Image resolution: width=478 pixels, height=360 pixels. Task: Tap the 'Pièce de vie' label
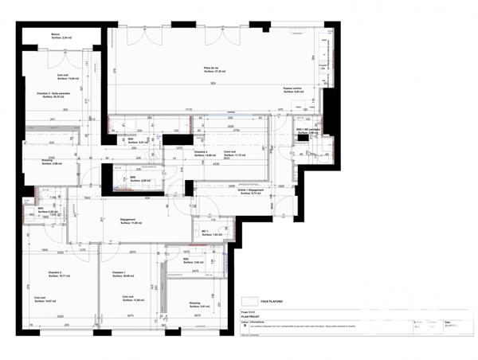click(x=211, y=68)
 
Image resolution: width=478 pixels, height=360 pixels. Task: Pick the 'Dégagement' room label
click(x=129, y=220)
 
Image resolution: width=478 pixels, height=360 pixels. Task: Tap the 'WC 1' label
click(x=206, y=233)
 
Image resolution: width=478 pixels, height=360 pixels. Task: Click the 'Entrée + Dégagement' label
click(x=250, y=190)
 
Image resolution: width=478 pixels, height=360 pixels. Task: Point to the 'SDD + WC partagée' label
click(x=308, y=129)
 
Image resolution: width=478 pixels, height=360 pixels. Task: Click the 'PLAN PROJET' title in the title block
click(x=251, y=317)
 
